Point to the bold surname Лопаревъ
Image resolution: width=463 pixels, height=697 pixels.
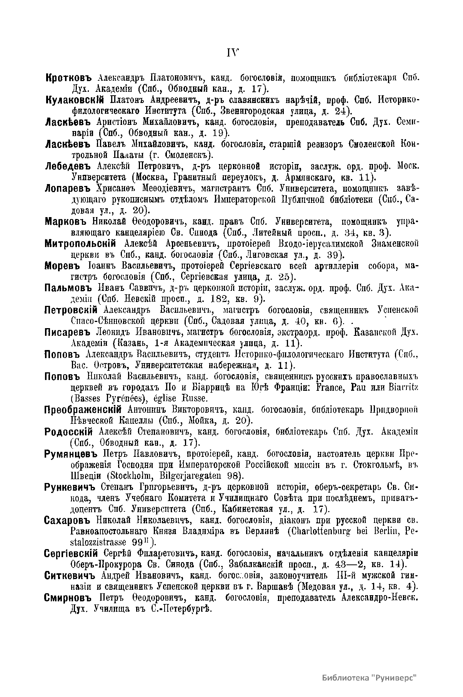coord(68,189)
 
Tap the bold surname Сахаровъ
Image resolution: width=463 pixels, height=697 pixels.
coord(67,520)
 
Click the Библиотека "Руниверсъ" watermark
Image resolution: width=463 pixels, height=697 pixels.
coord(370,677)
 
